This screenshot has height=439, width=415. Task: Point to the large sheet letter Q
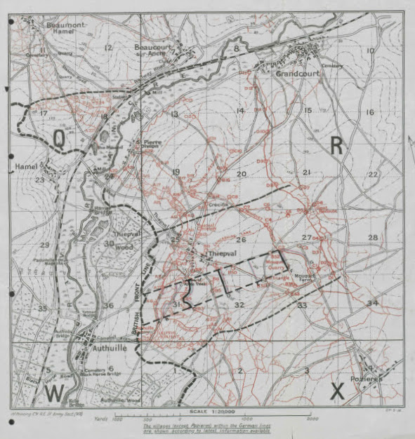pos(60,139)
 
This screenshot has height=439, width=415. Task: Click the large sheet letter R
pos(338,145)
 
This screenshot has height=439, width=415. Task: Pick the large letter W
pos(54,391)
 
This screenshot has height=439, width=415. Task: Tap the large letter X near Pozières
pos(337,393)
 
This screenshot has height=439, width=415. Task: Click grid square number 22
pos(373,175)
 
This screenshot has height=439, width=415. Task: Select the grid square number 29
pos(44,244)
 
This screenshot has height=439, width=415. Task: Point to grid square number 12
pos(107,48)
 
